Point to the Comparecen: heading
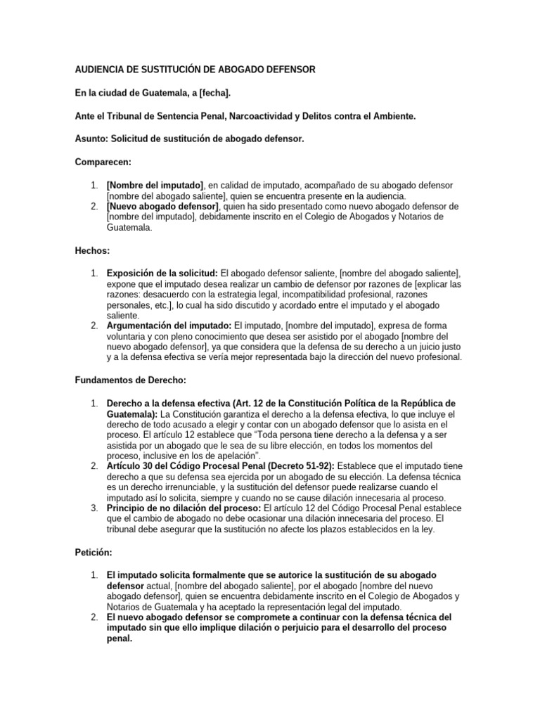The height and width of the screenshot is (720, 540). [x=103, y=162]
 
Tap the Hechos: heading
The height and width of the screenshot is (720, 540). [x=92, y=250]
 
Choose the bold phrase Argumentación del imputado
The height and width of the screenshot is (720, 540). [x=169, y=326]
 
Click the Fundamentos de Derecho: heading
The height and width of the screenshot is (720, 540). [x=130, y=380]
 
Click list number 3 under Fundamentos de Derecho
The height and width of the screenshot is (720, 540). [x=94, y=508]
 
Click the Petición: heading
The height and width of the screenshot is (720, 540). [x=94, y=553]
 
